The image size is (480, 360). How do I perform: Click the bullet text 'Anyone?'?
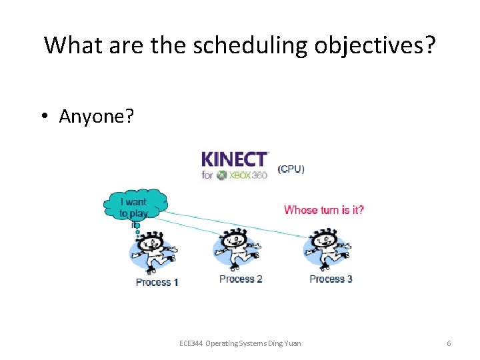(96, 116)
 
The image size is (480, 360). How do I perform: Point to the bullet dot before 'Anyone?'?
(43, 117)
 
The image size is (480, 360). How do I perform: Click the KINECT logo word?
(235, 160)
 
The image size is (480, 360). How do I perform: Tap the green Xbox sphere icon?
(223, 175)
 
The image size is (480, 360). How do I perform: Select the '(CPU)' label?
(291, 169)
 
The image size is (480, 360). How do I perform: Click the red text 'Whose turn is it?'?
(324, 210)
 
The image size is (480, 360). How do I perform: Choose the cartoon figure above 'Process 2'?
(237, 249)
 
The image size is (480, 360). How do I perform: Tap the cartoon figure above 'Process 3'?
(327, 249)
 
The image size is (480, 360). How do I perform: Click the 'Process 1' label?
(157, 282)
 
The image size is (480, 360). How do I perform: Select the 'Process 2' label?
(241, 279)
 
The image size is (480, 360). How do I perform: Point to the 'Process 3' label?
(331, 279)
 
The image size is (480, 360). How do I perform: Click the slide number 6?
(449, 343)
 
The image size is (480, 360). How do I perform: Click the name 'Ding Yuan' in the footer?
(285, 343)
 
